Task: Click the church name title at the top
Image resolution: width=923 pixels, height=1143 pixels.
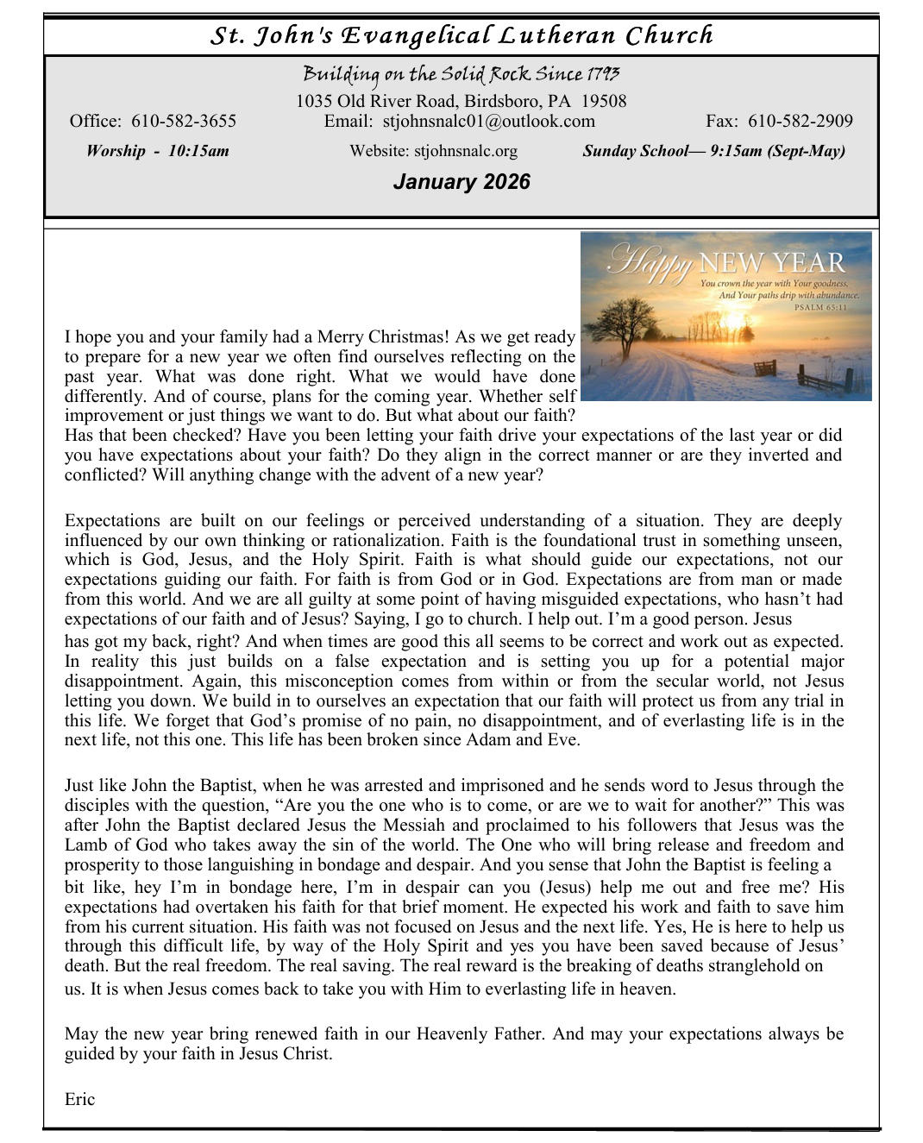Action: [461, 35]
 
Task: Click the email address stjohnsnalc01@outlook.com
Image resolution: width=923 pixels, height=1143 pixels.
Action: [488, 121]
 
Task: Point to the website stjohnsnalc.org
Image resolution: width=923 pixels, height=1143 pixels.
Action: [466, 151]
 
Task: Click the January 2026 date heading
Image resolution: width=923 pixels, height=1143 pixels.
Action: [461, 182]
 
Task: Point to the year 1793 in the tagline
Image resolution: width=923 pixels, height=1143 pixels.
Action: [603, 74]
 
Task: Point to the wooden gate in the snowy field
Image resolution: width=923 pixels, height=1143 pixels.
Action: [764, 368]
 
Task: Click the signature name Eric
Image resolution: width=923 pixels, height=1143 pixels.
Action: [79, 1099]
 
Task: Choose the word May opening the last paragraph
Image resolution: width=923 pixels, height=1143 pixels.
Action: [81, 1033]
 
